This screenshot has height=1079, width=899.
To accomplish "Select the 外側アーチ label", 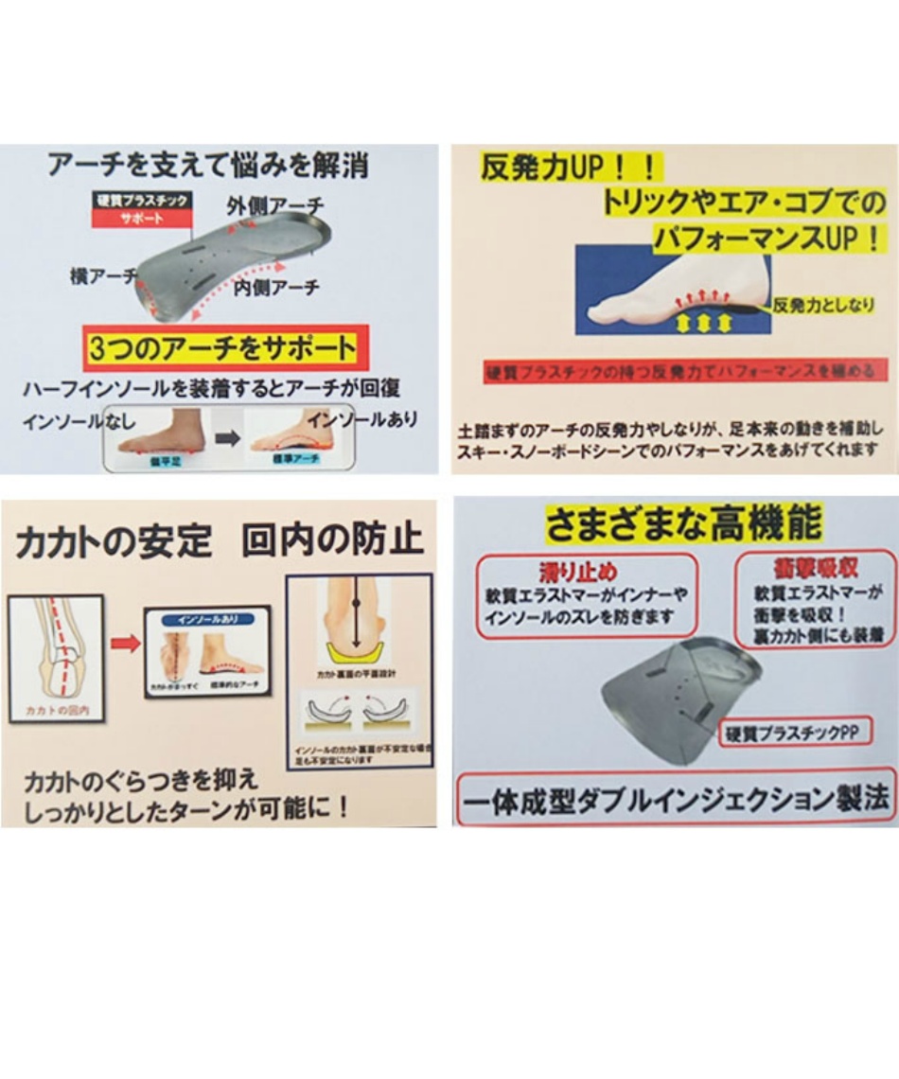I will click(x=274, y=204).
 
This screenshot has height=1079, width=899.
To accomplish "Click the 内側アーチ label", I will click(x=275, y=287).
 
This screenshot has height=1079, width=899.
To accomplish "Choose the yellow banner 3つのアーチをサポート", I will click(x=221, y=349).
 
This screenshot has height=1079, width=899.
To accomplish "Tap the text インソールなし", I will click(x=70, y=419).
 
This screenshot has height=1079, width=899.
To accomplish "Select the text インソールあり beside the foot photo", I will click(x=362, y=418).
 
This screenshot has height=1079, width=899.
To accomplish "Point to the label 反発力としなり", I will click(x=822, y=305).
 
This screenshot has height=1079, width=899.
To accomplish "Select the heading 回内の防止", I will click(x=331, y=540).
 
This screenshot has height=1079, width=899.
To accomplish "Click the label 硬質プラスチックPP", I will click(x=793, y=732).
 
